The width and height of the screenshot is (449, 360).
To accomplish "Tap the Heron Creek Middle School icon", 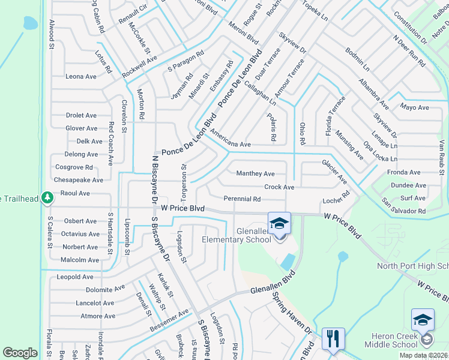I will (x=422, y=320).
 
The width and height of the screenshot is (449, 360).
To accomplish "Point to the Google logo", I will (x=20, y=353).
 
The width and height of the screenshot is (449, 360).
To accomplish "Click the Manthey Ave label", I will (x=255, y=174).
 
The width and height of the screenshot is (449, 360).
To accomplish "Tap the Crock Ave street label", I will (x=279, y=187).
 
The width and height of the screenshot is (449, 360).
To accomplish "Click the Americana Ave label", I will (x=231, y=145).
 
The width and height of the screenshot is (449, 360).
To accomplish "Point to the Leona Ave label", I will (x=81, y=77).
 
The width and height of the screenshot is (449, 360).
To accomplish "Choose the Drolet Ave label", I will (x=81, y=115).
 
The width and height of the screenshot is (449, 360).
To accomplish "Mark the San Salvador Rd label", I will (x=403, y=211).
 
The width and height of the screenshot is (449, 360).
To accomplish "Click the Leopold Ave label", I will (x=75, y=277).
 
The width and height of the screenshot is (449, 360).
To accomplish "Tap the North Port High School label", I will (x=412, y=266).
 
